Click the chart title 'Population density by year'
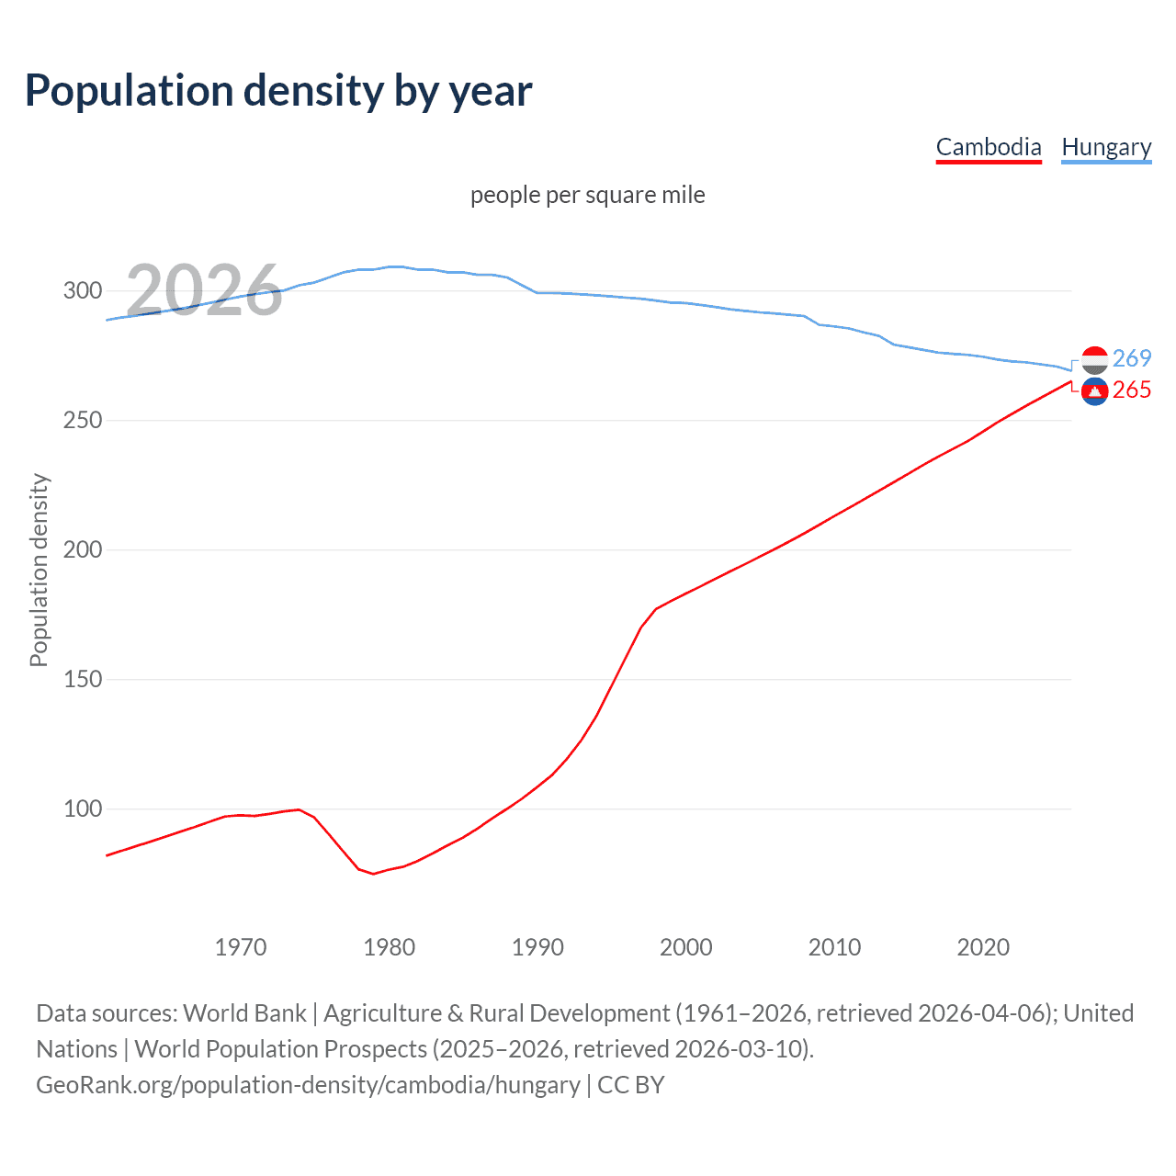(x=278, y=91)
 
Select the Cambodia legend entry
(x=989, y=147)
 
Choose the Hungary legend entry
(x=1106, y=147)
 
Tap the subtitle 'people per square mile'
(x=588, y=195)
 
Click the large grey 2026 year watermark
(x=204, y=291)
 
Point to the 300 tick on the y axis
(x=82, y=291)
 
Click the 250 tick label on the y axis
(x=82, y=421)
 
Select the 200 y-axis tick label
(x=82, y=550)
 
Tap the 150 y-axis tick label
(x=82, y=680)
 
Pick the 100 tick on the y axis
(x=82, y=809)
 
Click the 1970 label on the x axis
(x=241, y=947)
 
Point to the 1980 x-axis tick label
(x=390, y=947)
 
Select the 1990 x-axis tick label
(x=537, y=947)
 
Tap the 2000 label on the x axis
(x=686, y=947)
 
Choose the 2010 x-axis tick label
(x=834, y=947)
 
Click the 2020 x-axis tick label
(x=983, y=947)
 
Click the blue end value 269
(x=1132, y=358)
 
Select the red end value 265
(x=1132, y=390)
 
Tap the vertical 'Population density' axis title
(x=39, y=570)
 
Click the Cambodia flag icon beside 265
(x=1094, y=391)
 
